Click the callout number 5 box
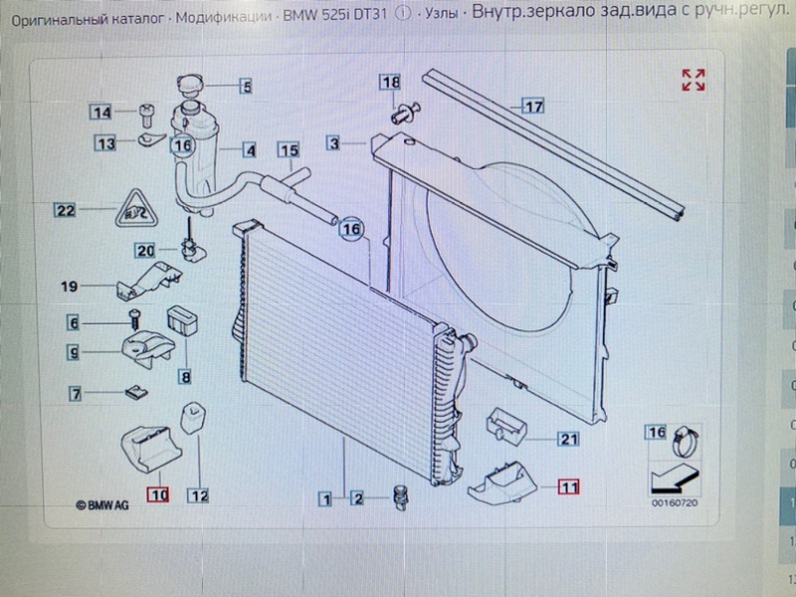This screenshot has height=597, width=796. click(246, 86)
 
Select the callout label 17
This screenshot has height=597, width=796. click(533, 106)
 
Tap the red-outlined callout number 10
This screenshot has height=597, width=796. click(159, 495)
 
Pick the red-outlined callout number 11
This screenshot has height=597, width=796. click(568, 487)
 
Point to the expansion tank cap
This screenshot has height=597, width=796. click(190, 85)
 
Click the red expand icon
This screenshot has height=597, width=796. click(694, 81)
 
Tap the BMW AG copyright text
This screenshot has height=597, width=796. click(102, 505)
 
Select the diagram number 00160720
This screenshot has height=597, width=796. click(675, 503)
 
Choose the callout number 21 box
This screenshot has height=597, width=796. click(568, 439)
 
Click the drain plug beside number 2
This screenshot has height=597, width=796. click(401, 498)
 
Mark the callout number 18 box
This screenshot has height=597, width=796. click(390, 83)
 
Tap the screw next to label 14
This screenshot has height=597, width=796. click(146, 115)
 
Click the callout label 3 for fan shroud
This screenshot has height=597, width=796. click(333, 143)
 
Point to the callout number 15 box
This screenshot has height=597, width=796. click(289, 151)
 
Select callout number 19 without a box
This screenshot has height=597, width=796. click(69, 287)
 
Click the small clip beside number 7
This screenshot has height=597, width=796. click(136, 392)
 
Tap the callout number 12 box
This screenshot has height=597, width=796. click(198, 496)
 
